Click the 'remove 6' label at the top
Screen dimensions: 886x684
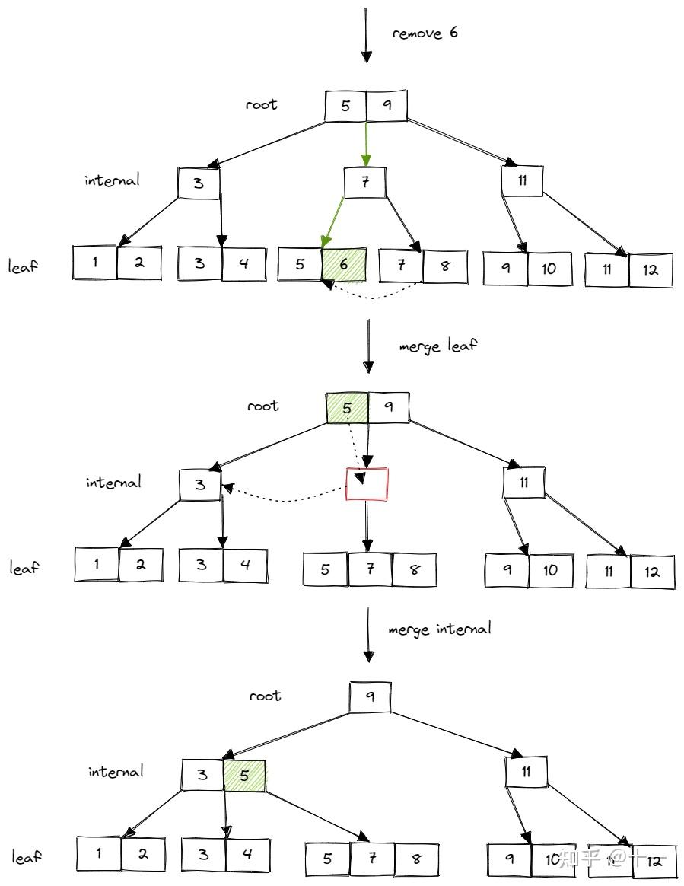(425, 33)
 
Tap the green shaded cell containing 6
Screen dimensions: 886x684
(343, 265)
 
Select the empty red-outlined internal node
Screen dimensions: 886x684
(367, 483)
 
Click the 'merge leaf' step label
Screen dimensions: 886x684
(438, 346)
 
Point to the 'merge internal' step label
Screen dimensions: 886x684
(439, 629)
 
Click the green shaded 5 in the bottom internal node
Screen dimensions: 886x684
(244, 776)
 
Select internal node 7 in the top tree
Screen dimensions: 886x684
(364, 183)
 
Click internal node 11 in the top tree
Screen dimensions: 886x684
(522, 180)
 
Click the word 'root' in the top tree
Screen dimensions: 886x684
(261, 104)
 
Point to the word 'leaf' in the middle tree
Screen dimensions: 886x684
(25, 568)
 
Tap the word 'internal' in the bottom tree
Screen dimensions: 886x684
(116, 771)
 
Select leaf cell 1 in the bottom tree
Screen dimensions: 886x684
(99, 853)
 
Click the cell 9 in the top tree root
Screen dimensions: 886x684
(387, 106)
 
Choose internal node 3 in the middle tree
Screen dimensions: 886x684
(200, 485)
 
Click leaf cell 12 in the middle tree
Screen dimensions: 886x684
(652, 572)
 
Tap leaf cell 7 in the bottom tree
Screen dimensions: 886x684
(372, 859)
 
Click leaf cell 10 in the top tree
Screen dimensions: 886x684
(549, 268)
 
